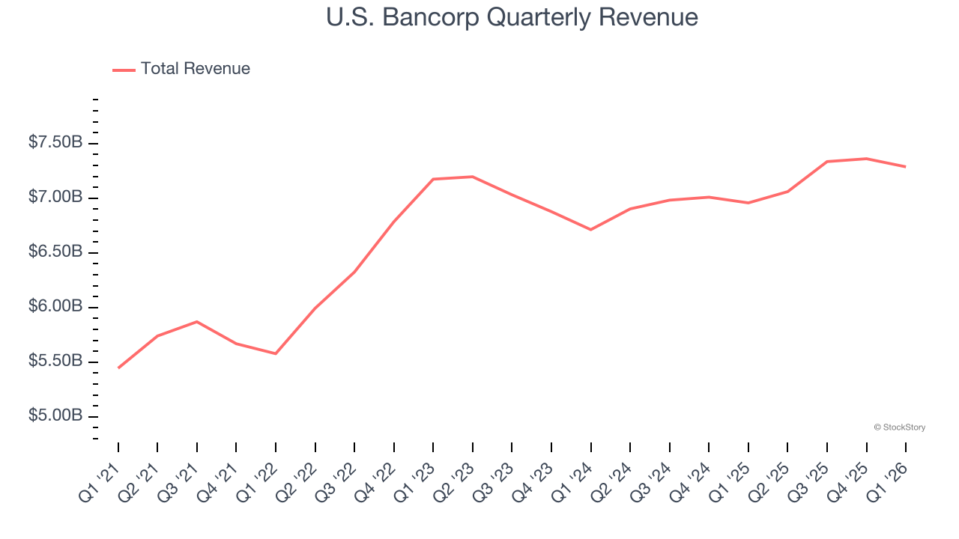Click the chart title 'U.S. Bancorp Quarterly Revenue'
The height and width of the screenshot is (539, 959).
pyautogui.click(x=512, y=17)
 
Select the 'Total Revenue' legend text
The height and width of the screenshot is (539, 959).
pyautogui.click(x=195, y=69)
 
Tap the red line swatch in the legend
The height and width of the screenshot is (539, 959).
pyautogui.click(x=124, y=70)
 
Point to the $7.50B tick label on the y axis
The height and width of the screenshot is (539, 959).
pyautogui.click(x=55, y=142)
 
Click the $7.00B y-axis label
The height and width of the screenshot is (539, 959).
pyautogui.click(x=55, y=197)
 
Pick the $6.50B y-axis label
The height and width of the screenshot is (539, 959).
pyautogui.click(x=55, y=252)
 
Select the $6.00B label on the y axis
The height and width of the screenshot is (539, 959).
pyautogui.click(x=55, y=306)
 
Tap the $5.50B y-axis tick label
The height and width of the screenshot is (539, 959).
pyautogui.click(x=55, y=361)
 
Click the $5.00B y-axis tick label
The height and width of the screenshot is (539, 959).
pyautogui.click(x=55, y=415)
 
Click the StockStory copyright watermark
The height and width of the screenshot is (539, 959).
pyautogui.click(x=899, y=427)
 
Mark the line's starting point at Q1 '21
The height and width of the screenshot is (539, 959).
pyautogui.click(x=118, y=368)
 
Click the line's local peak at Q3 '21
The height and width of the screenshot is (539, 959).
pyautogui.click(x=197, y=321)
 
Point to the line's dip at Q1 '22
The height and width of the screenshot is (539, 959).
pyautogui.click(x=276, y=353)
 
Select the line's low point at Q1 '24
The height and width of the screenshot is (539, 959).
pyautogui.click(x=591, y=229)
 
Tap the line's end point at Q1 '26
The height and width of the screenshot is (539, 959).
pyautogui.click(x=906, y=166)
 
